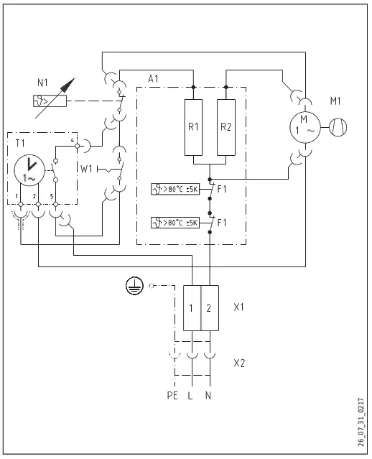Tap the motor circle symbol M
(x=304, y=128)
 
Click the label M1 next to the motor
(x=335, y=103)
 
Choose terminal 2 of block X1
(x=208, y=308)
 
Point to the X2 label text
(x=240, y=363)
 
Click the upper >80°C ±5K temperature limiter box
(x=175, y=190)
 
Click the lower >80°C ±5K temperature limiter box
(x=175, y=223)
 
